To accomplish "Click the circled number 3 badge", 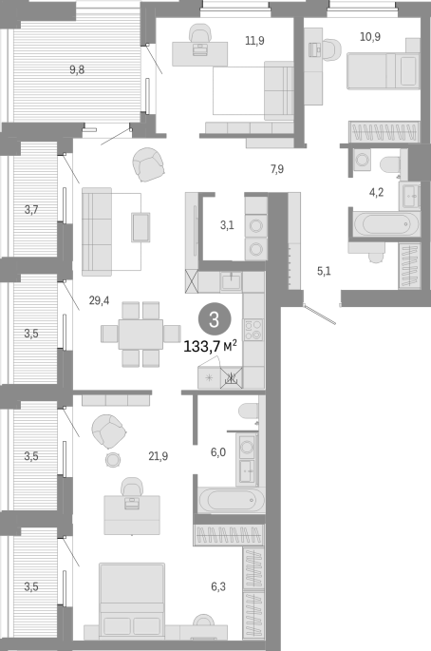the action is click(x=214, y=319).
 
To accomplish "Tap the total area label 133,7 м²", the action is click(x=211, y=346).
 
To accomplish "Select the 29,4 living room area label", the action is click(x=99, y=300).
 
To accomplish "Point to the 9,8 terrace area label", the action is click(x=77, y=69).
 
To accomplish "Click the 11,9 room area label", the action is click(x=254, y=41).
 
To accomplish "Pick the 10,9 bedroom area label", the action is click(x=370, y=36).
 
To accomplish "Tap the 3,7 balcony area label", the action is click(x=31, y=210).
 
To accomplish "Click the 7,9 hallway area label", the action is click(x=277, y=169).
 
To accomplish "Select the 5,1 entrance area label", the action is click(x=324, y=271).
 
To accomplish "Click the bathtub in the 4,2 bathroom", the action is click(x=386, y=223).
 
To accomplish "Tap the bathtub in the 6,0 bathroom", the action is click(x=232, y=500).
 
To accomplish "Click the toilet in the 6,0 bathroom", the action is click(x=249, y=412).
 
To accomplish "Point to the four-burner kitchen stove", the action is click(x=253, y=330).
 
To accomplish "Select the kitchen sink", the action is click(x=231, y=282).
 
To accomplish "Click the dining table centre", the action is click(x=141, y=334).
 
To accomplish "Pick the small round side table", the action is click(x=112, y=460).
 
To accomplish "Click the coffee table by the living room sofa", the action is click(x=141, y=227).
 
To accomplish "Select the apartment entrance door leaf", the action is click(x=320, y=314).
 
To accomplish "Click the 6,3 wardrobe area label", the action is click(x=218, y=586).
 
